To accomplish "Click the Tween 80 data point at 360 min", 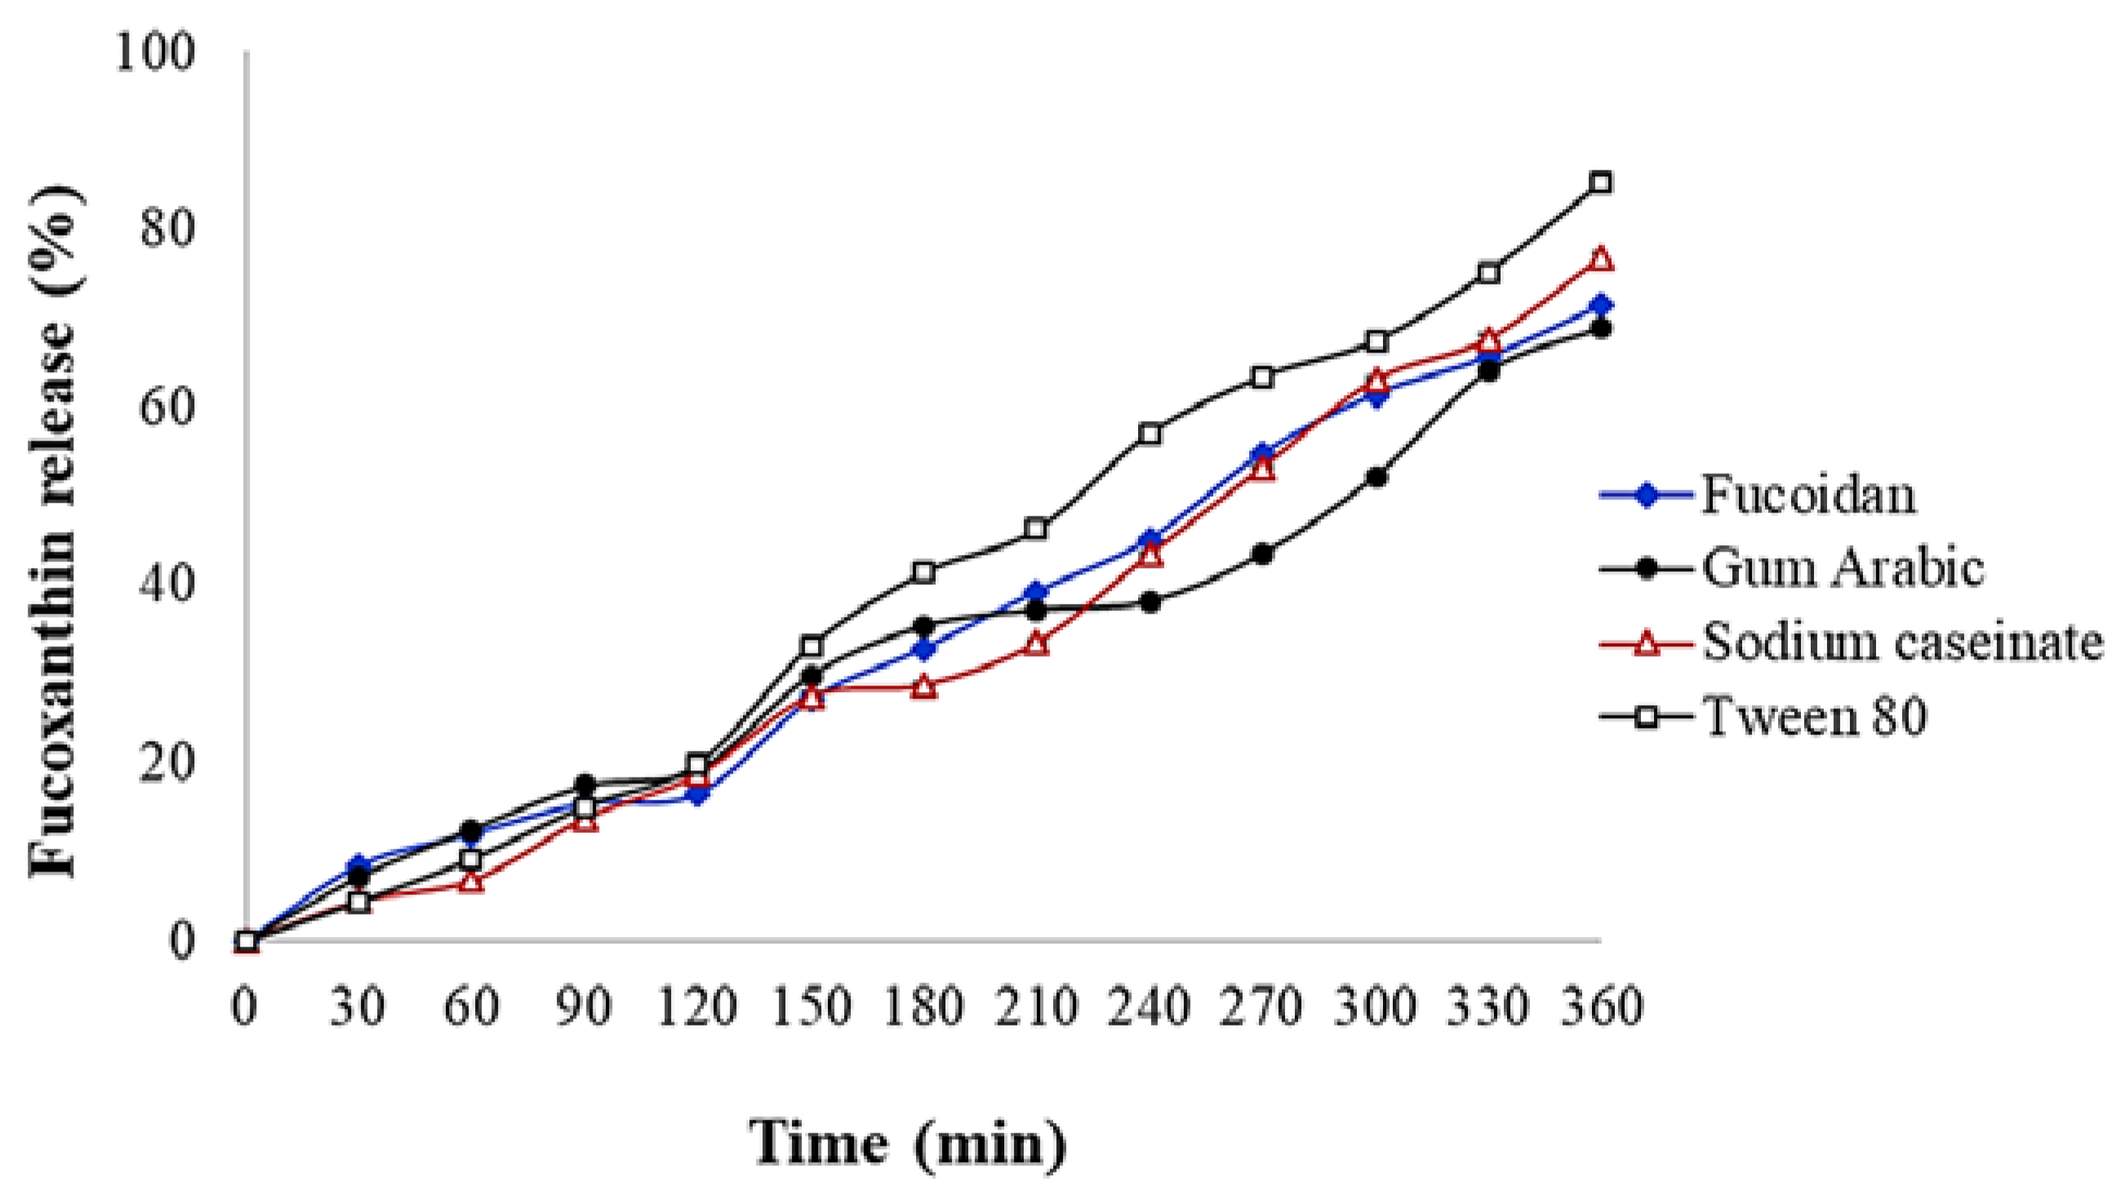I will (1601, 183).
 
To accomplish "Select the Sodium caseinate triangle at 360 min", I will (1601, 259).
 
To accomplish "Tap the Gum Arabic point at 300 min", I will (1376, 477).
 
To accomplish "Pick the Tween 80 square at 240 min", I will (1149, 433).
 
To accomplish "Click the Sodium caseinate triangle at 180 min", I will (924, 687).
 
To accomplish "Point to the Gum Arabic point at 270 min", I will (1262, 554).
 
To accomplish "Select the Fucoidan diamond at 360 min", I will (1601, 304).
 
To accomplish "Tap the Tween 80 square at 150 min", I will (811, 645).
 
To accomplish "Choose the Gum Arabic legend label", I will (1843, 569).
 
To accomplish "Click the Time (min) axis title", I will (908, 1144).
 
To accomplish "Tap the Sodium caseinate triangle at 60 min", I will (471, 881).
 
